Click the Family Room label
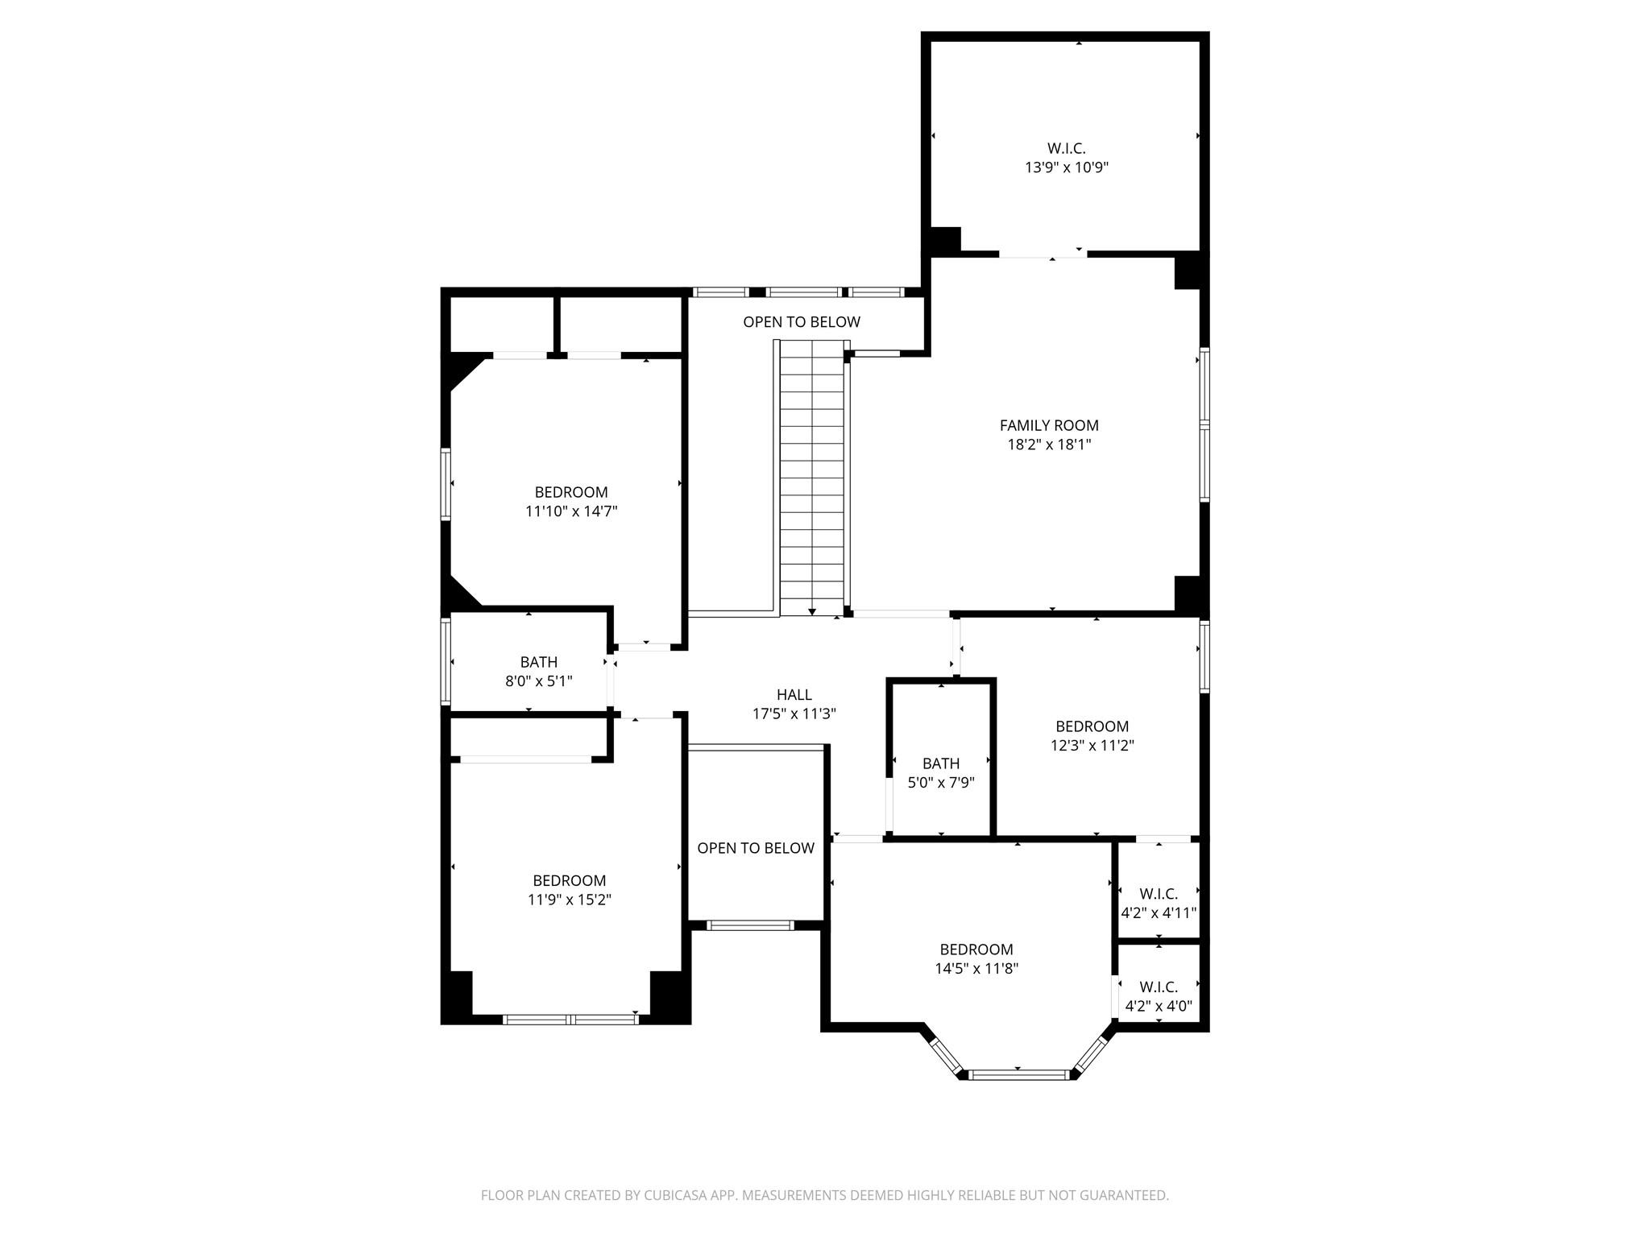(1048, 425)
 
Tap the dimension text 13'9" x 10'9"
(1066, 168)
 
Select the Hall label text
(794, 694)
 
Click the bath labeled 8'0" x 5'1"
(538, 671)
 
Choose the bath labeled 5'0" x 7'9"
(940, 772)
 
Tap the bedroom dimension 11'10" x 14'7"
(570, 511)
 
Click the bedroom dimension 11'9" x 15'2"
(569, 900)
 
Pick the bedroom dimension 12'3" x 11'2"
(1092, 745)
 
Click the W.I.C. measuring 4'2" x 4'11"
(1158, 903)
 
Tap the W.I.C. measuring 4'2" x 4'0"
(1158, 995)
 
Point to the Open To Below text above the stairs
(801, 322)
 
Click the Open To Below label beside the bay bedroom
(755, 848)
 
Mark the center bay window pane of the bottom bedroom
(1018, 1074)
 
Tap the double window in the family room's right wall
(1204, 424)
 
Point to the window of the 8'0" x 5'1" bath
(446, 660)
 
